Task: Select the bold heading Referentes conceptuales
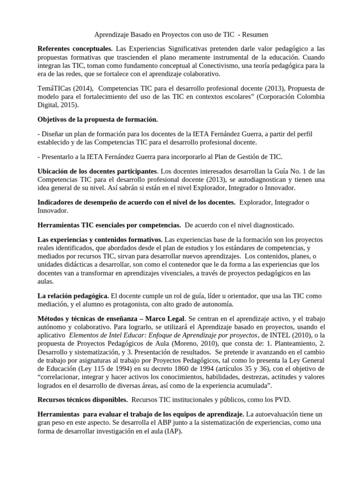(x=75, y=49)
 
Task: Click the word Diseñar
(x=54, y=134)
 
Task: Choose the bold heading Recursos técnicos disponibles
(x=82, y=400)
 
